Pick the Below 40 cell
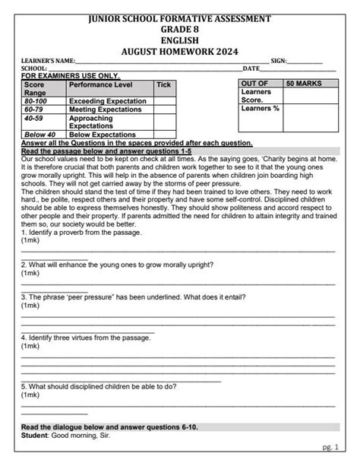click(x=37, y=135)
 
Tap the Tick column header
click(x=163, y=84)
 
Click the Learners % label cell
click(x=260, y=108)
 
